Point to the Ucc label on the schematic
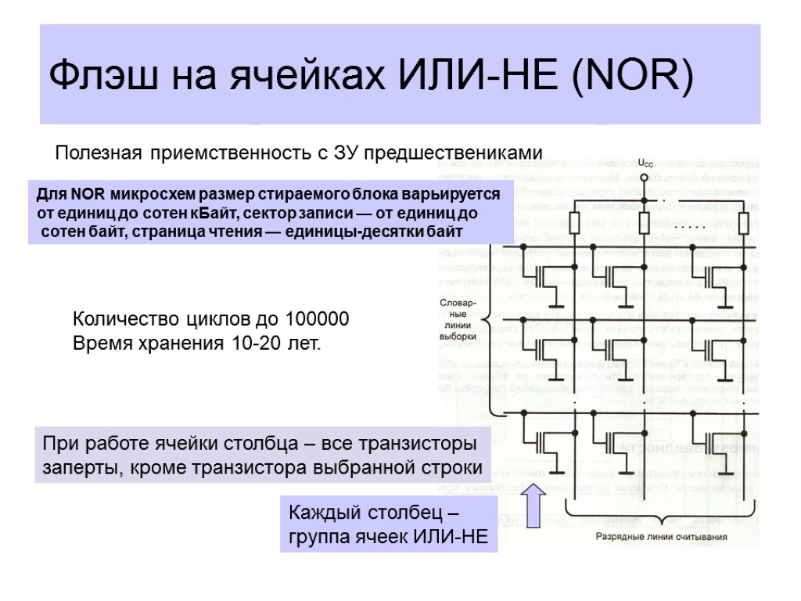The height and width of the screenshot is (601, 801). click(x=645, y=163)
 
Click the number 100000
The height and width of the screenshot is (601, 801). click(x=316, y=319)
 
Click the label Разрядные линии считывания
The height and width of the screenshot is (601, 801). click(x=661, y=538)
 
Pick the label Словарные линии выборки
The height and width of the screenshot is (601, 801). click(x=458, y=320)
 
